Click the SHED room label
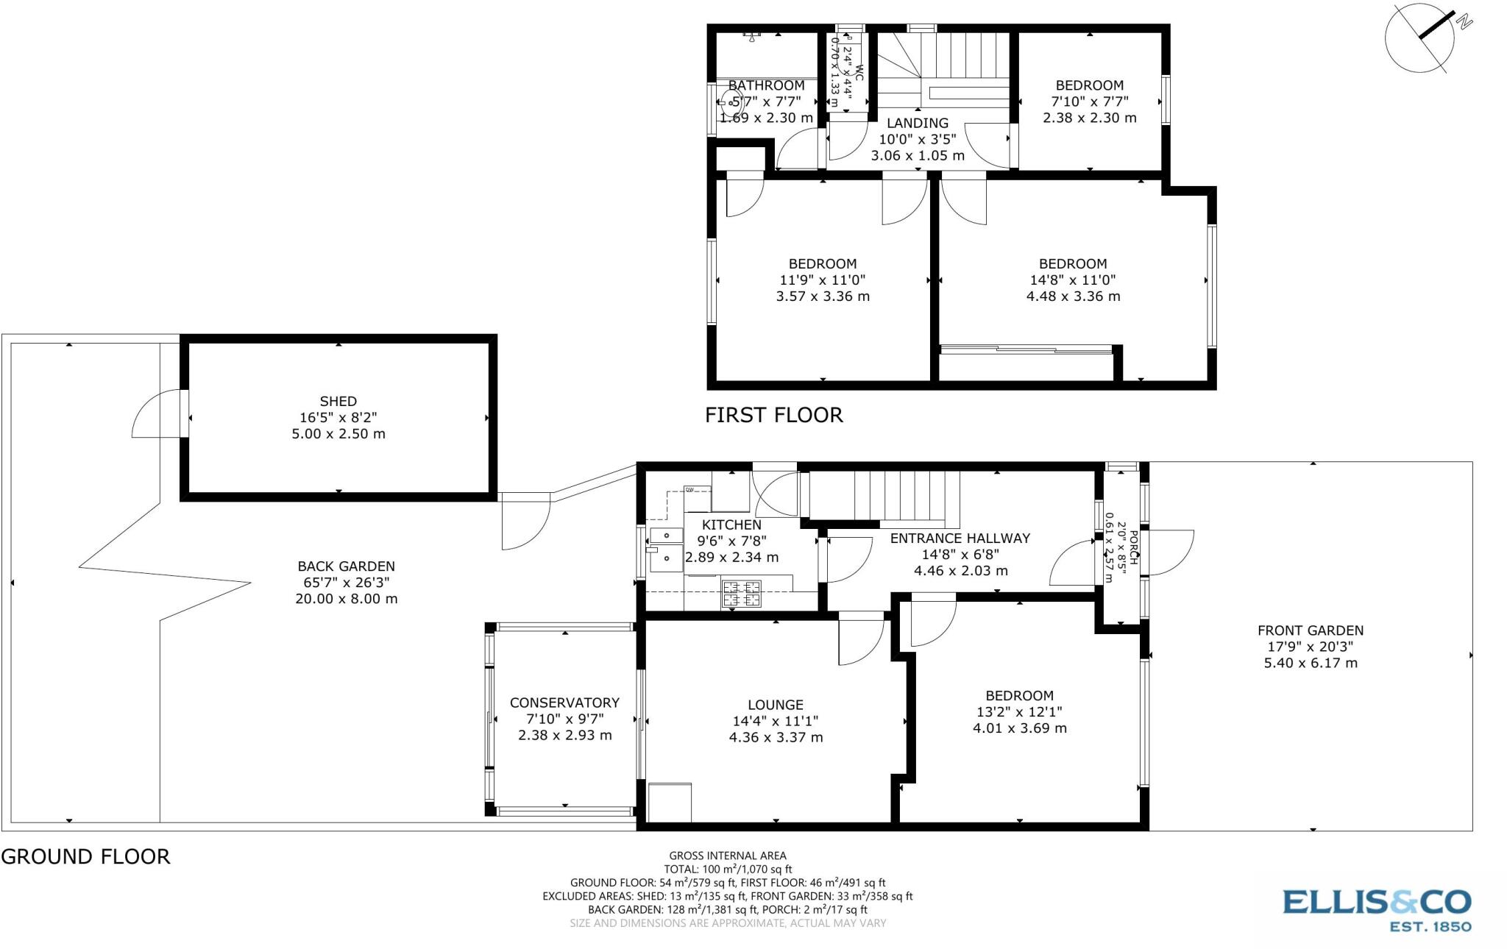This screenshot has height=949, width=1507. click(x=338, y=401)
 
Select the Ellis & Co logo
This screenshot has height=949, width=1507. click(x=1376, y=909)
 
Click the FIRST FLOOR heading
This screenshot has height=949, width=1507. click(x=773, y=415)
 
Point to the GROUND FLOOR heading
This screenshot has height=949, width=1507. click(x=85, y=856)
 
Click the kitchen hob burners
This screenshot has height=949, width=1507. click(x=741, y=594)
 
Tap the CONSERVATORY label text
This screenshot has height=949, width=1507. click(x=564, y=703)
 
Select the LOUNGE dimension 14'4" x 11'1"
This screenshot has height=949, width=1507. click(x=776, y=721)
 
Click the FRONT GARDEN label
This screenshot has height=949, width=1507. click(x=1310, y=630)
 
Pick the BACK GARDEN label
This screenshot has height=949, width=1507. click(x=346, y=566)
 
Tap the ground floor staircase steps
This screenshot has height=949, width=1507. click(x=883, y=495)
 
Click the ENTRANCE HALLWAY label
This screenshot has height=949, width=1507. click(x=960, y=539)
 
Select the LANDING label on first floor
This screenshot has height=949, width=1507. click(x=917, y=123)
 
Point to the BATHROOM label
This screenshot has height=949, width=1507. click(x=766, y=85)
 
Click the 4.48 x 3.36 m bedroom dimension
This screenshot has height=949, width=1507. click(x=1073, y=296)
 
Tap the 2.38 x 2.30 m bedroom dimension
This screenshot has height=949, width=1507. click(x=1089, y=118)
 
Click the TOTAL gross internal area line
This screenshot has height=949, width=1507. click(x=727, y=869)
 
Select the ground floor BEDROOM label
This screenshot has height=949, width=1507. click(x=1019, y=696)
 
